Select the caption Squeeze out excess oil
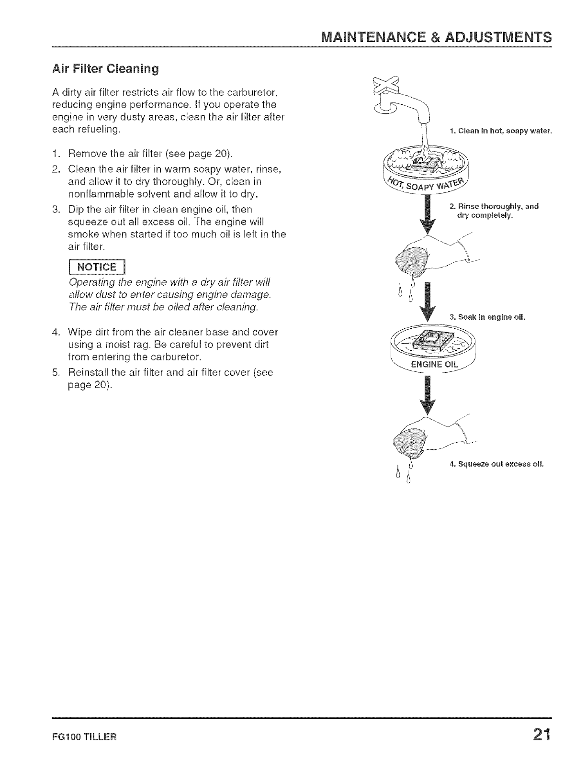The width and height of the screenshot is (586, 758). pyautogui.click(x=496, y=464)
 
